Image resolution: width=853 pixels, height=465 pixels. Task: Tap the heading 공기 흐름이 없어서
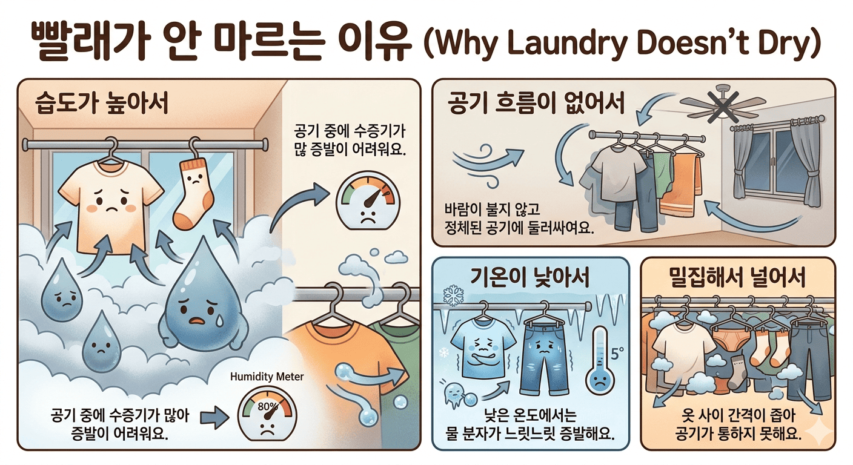(x=536, y=103)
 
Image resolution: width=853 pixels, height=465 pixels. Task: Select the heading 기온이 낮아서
(x=530, y=277)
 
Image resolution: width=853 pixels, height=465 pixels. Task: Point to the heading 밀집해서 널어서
(x=738, y=277)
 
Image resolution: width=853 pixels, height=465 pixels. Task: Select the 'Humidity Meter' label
(x=267, y=377)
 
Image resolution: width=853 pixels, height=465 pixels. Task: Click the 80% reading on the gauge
(x=267, y=407)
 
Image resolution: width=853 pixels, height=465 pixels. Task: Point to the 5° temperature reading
(x=617, y=354)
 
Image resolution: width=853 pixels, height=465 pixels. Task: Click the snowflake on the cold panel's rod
(x=454, y=295)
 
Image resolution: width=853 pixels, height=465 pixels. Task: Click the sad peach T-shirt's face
(x=111, y=201)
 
